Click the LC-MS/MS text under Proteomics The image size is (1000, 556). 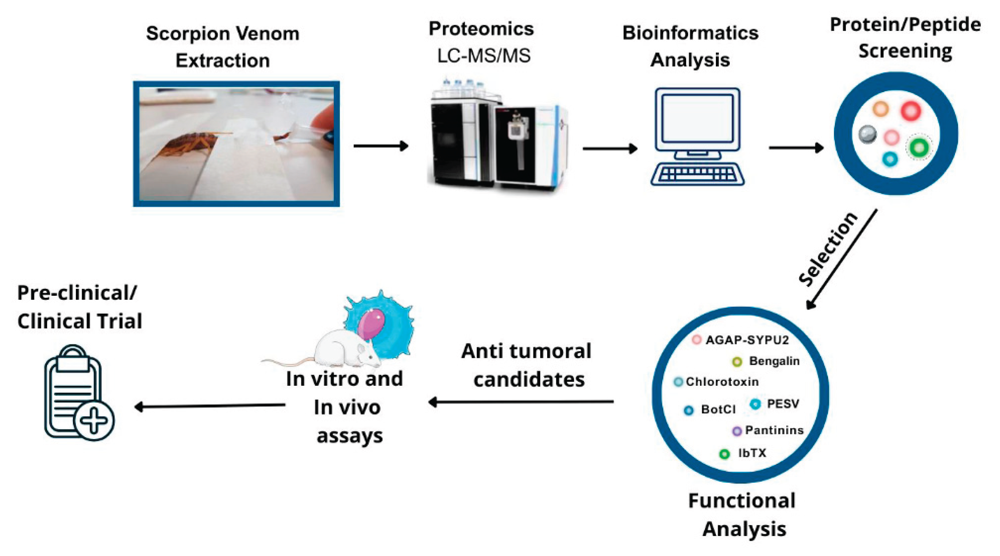point(484,56)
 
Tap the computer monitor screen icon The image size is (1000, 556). point(698,118)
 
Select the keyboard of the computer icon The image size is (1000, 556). point(698,173)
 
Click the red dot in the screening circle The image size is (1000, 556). point(910,111)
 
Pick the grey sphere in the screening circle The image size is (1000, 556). point(867,134)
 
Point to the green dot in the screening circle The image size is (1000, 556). point(919,148)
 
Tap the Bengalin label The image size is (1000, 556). point(774,361)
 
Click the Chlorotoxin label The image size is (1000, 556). point(722,382)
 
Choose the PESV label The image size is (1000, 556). point(783,404)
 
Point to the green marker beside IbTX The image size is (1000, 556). point(724,454)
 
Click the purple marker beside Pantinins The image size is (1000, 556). point(737,431)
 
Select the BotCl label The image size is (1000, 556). point(718,410)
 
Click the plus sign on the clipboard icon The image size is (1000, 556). point(94,421)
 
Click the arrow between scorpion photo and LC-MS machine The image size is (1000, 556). point(380,146)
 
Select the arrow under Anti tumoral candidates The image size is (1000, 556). point(520,402)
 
